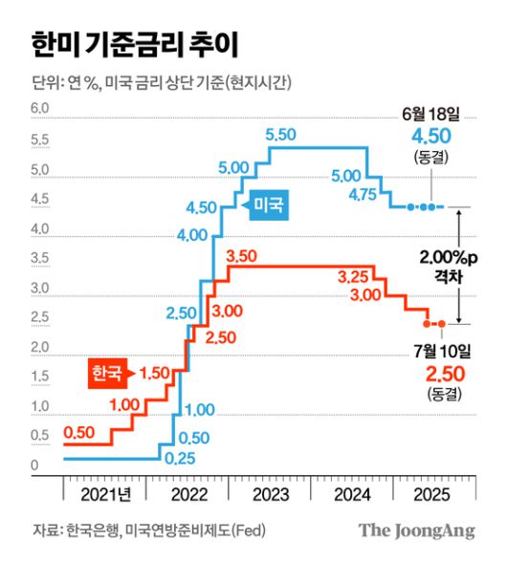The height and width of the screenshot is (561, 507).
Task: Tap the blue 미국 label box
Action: tap(270, 205)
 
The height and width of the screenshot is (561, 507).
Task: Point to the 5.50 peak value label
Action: tap(284, 133)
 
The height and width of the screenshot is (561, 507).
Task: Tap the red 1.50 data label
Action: tap(154, 371)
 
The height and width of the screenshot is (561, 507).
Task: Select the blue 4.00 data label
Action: tap(192, 235)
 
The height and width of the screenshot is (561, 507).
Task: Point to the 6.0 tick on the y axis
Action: tap(38, 110)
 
